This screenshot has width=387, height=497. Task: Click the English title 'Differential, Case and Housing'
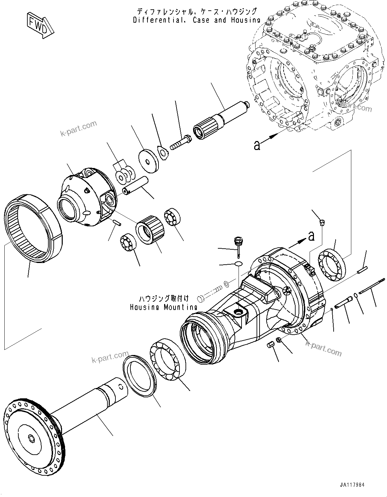click(197, 20)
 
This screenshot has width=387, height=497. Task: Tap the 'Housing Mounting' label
click(164, 307)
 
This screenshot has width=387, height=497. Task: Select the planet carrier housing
click(87, 200)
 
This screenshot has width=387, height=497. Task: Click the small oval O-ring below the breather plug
click(238, 264)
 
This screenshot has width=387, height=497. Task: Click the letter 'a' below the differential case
click(257, 145)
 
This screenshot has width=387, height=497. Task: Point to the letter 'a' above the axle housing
click(311, 236)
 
